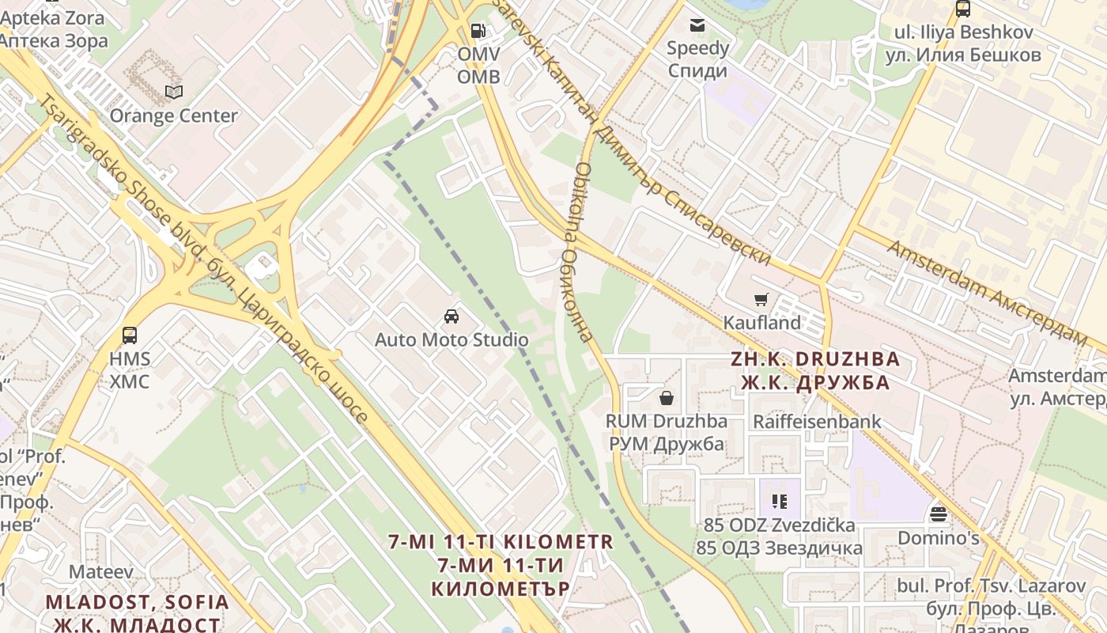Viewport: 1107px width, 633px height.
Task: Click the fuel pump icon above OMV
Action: click(x=478, y=31)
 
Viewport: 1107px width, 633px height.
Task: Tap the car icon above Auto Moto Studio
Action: click(x=451, y=316)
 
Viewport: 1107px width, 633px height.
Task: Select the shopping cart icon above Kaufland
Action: click(x=761, y=300)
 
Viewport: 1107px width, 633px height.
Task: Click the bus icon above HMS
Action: click(x=130, y=335)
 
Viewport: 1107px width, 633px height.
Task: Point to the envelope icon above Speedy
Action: click(x=697, y=25)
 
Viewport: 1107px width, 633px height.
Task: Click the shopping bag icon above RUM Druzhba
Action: click(x=667, y=397)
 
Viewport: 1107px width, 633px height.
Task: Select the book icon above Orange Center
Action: click(x=174, y=93)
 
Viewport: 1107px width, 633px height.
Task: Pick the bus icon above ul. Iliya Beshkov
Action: click(x=962, y=9)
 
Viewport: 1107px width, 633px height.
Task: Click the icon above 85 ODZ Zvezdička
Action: click(x=779, y=502)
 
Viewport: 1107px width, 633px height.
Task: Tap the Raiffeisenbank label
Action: click(x=817, y=422)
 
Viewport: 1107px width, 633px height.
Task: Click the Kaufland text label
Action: click(x=762, y=323)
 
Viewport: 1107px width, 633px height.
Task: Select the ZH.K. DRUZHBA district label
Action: click(x=815, y=370)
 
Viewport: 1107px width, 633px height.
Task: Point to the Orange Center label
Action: click(x=173, y=116)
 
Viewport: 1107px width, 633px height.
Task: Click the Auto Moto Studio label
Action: click(x=451, y=340)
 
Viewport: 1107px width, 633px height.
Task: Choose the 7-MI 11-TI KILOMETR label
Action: click(x=501, y=565)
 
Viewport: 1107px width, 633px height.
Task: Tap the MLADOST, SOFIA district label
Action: click(x=137, y=612)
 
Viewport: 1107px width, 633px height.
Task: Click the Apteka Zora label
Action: click(x=54, y=28)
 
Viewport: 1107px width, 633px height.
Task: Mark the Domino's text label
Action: click(x=938, y=538)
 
